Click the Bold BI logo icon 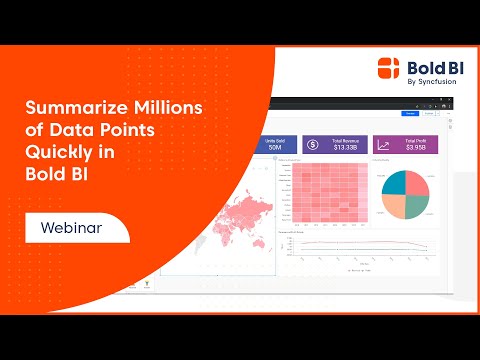point(390,68)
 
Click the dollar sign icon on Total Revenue point(312,146)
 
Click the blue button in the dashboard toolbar point(410,114)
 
